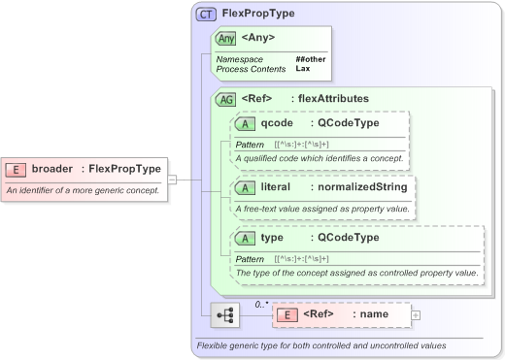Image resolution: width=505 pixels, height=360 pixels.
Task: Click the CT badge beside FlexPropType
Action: [x=206, y=14]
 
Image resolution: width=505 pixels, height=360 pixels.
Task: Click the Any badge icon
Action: [x=225, y=38]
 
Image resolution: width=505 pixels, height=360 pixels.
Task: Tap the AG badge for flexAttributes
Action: [x=225, y=98]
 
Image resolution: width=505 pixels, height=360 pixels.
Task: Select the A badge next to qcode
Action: [x=247, y=123]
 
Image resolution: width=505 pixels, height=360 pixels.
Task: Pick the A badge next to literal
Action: [x=247, y=186]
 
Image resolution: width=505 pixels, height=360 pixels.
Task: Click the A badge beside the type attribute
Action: [x=247, y=238]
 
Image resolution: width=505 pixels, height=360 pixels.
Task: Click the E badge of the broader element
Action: [x=17, y=169]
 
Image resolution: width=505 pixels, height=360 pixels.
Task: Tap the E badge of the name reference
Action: [x=287, y=314]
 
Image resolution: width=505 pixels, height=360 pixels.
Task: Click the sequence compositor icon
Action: [x=225, y=315]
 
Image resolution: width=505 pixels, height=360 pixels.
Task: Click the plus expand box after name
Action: [x=416, y=314]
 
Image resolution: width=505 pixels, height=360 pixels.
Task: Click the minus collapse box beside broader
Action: [x=172, y=179]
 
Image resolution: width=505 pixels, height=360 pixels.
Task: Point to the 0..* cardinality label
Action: [x=261, y=304]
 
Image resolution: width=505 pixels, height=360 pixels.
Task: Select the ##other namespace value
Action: [x=310, y=59]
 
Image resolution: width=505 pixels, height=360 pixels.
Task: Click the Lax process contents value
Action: [x=302, y=69]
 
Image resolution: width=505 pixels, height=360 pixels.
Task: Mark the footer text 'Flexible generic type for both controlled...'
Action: [x=321, y=345]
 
